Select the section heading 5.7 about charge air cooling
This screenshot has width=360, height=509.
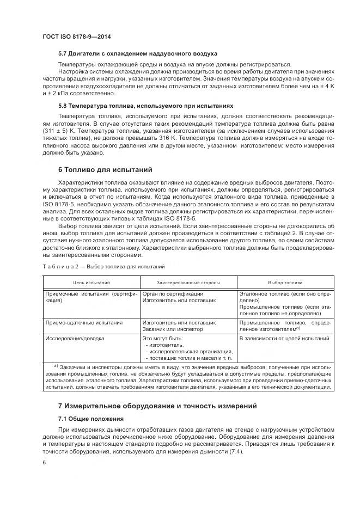[138, 54]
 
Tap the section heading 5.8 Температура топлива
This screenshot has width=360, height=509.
[145, 106]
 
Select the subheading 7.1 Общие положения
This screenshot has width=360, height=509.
[90, 419]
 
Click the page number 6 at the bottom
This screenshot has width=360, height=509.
[44, 462]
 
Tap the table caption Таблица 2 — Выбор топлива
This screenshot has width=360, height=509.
[103, 267]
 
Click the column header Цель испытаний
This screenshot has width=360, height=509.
[91, 283]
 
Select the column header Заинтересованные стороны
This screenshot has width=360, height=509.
[188, 283]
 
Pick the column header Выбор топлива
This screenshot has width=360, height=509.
[285, 283]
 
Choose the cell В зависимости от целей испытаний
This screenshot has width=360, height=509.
[284, 338]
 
